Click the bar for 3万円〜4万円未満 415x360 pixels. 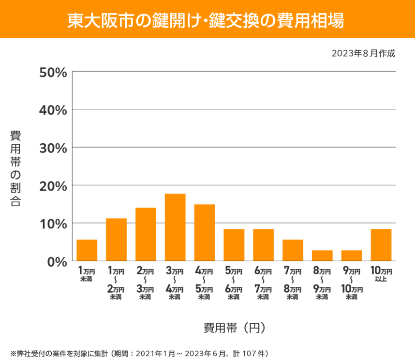click(175, 227)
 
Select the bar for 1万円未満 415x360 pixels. click(87, 250)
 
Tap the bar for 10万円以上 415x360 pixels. click(381, 245)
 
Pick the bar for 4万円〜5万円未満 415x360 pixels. click(205, 233)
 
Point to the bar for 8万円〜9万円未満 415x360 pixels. click(322, 255)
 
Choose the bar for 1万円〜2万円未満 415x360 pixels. click(116, 240)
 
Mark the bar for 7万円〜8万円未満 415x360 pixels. click(293, 250)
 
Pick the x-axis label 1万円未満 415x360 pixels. click(87, 274)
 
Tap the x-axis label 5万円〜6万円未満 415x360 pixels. click(234, 283)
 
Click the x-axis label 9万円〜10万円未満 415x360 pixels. click(352, 283)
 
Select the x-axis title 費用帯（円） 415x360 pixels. click(234, 328)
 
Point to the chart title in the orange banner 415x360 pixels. click(207, 19)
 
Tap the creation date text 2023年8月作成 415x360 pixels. click(363, 53)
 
